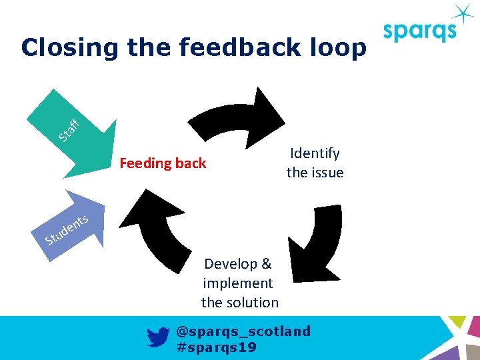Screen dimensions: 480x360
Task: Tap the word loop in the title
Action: click(336, 48)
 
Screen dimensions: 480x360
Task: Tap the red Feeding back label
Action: click(163, 163)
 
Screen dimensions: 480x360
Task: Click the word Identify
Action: click(315, 153)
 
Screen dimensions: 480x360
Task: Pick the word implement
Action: click(238, 283)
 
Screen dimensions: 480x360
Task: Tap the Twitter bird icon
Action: click(158, 338)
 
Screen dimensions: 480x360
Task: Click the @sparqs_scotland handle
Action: click(243, 331)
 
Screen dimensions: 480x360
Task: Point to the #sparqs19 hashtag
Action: click(216, 347)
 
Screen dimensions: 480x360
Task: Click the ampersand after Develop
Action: click(265, 263)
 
